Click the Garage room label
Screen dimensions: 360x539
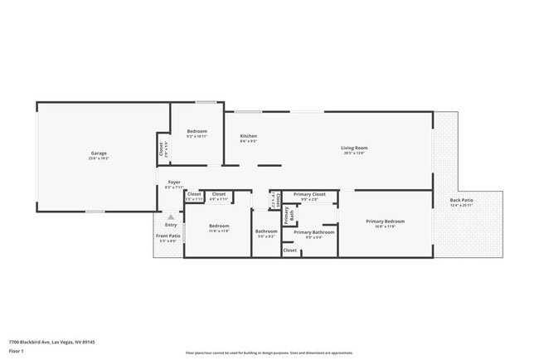point(99,153)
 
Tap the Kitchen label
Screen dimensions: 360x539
point(248,136)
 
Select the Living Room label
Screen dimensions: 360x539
point(354,148)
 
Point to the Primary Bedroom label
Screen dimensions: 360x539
point(385,221)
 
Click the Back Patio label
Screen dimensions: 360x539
point(461,200)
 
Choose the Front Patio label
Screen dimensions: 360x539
point(168,236)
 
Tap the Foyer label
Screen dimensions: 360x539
point(174,182)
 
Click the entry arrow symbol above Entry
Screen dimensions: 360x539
point(171,217)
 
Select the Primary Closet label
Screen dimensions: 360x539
point(309,194)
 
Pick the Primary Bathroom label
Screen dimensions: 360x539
point(314,232)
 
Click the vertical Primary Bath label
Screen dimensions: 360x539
point(288,216)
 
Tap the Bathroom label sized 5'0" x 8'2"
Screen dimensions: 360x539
point(266,231)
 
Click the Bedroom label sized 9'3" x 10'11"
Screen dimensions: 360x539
point(197,132)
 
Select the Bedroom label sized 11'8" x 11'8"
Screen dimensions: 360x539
point(219,226)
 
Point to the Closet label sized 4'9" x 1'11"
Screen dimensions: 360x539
point(219,194)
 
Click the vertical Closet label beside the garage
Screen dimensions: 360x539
point(161,150)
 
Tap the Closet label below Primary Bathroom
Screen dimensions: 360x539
point(290,250)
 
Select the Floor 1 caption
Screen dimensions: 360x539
point(17,351)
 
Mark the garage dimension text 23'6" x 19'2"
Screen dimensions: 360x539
point(99,158)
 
